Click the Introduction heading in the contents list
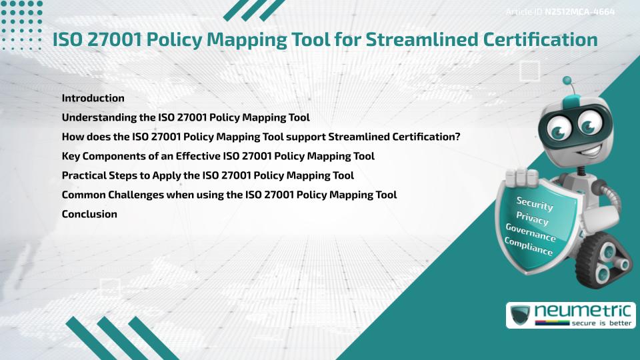(93, 98)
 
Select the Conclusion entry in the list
(89, 214)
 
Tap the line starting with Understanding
(185, 117)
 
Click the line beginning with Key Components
(217, 156)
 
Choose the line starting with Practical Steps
(207, 175)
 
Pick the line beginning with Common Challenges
(229, 195)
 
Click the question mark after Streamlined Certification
(458, 137)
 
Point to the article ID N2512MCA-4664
(579, 12)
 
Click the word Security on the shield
(535, 203)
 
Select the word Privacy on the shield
(532, 219)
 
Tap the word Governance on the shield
(530, 233)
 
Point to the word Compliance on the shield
(528, 247)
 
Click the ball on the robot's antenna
(567, 81)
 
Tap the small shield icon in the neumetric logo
(520, 315)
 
